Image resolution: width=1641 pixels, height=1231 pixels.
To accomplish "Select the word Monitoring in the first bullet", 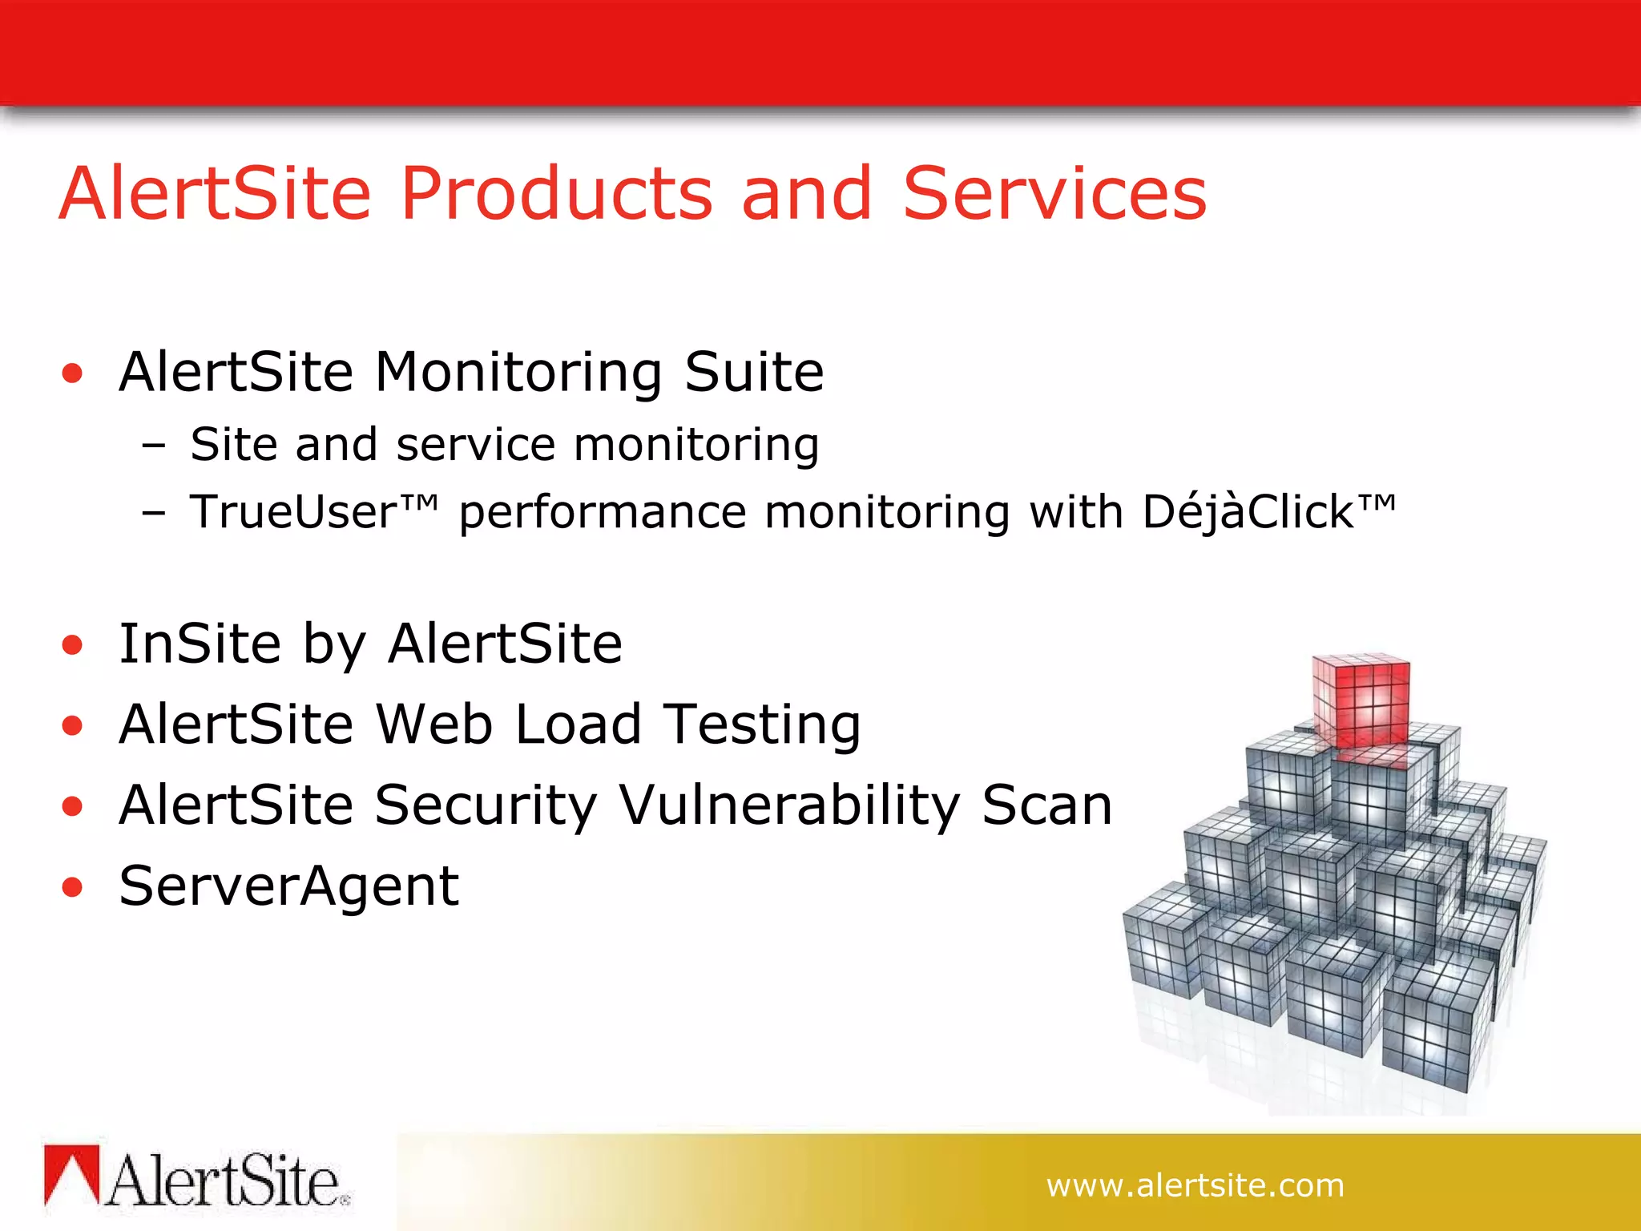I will (518, 373).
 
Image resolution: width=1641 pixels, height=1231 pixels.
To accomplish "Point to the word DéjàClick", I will (1248, 512).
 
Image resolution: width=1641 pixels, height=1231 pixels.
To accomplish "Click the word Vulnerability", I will (789, 805).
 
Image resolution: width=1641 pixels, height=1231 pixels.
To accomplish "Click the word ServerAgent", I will (288, 887).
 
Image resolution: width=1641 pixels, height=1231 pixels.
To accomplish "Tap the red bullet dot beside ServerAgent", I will (73, 887).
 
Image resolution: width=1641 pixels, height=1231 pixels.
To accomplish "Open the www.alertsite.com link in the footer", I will (1195, 1185).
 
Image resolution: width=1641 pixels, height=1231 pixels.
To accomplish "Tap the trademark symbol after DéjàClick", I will (1377, 502).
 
